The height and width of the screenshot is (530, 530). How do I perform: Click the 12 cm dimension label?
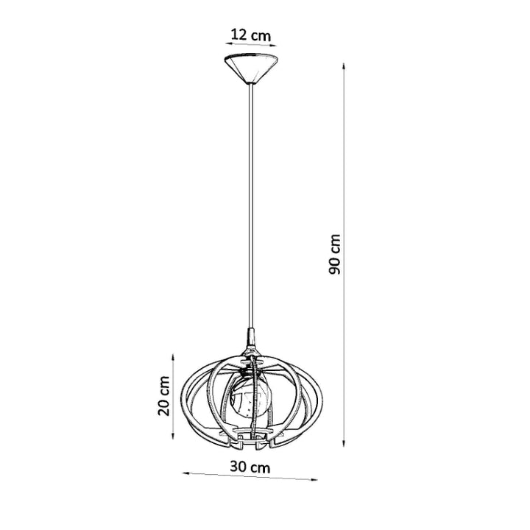pos(250,35)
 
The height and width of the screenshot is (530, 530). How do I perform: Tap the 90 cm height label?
pos(335,255)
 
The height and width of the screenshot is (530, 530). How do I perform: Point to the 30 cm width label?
pos(249,466)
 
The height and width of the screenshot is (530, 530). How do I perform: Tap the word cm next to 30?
pos(260,466)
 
